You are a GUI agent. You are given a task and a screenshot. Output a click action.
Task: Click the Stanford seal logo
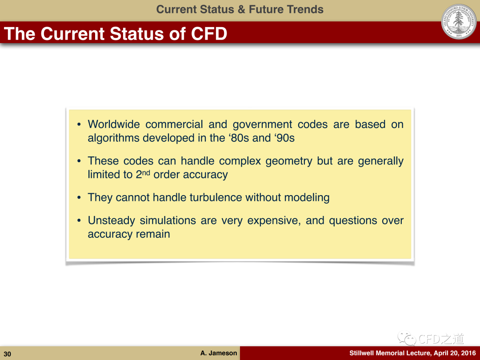click(x=459, y=22)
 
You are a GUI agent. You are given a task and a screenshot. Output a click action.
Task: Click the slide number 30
click(x=8, y=354)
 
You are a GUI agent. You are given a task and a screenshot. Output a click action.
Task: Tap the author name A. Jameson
click(x=219, y=353)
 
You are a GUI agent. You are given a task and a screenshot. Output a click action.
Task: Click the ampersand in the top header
click(x=241, y=9)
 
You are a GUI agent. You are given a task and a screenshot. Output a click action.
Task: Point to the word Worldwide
click(x=114, y=124)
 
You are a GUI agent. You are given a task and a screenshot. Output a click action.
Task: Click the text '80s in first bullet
click(x=238, y=138)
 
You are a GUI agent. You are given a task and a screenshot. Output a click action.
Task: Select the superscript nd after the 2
click(x=146, y=172)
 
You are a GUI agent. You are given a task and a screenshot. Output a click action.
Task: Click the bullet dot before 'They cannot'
click(x=79, y=198)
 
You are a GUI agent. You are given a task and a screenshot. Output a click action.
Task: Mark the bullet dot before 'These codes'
click(x=79, y=161)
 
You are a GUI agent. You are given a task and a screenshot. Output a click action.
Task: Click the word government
click(x=262, y=124)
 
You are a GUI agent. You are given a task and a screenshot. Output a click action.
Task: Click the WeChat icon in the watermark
click(x=407, y=338)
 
